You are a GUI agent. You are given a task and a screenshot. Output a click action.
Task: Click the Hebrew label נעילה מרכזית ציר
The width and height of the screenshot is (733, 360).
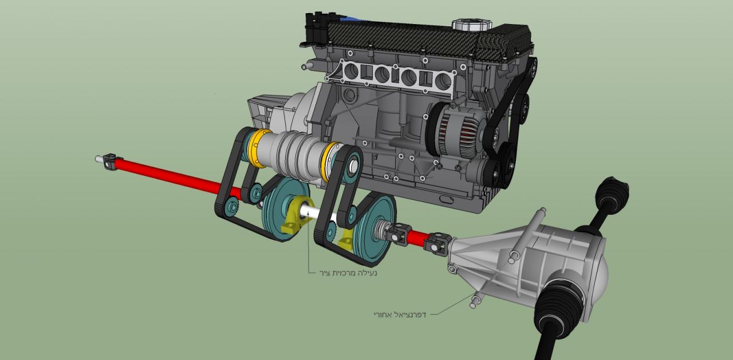(349, 272)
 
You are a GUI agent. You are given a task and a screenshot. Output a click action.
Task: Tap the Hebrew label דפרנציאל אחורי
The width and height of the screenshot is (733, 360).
(400, 315)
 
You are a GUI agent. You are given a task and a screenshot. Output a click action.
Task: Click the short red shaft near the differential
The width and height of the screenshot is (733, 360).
(416, 238)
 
